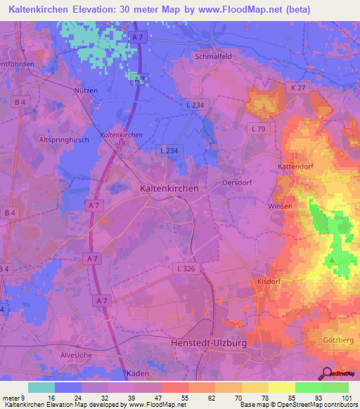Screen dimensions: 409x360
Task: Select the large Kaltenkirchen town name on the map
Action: [x=169, y=188]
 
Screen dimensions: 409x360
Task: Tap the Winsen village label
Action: [x=281, y=207]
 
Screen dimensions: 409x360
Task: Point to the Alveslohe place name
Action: [x=77, y=355]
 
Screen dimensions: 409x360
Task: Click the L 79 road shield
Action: [x=258, y=129]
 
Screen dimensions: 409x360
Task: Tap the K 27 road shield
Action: [x=297, y=86]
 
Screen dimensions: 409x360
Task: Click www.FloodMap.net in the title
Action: [x=225, y=10]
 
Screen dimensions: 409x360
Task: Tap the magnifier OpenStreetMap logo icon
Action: [x=326, y=373]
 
